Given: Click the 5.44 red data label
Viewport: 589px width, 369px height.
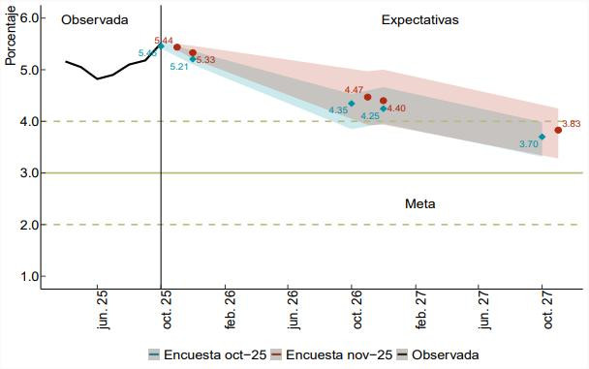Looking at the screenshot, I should (164, 41).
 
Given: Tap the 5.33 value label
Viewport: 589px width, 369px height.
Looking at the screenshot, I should (205, 60).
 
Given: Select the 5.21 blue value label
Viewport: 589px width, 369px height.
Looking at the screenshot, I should (179, 67).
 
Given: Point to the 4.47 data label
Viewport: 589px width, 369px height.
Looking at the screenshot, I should (354, 90).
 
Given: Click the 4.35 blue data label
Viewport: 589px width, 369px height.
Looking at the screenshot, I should (338, 110).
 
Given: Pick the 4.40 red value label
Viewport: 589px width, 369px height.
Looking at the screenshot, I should (396, 108).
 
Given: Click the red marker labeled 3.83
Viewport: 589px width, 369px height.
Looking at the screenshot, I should (558, 130).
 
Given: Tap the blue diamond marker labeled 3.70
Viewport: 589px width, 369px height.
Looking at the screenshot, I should (542, 137).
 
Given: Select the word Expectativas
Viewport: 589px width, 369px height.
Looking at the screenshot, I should (420, 19).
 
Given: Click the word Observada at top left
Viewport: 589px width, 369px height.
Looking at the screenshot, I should (94, 19).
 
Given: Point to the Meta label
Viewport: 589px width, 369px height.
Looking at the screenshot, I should (420, 204).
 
